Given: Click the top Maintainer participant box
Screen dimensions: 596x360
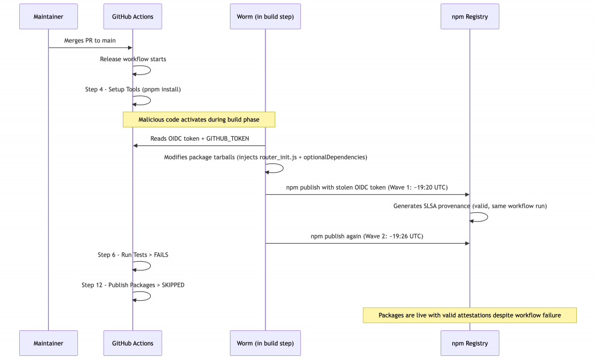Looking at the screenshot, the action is tap(49, 17).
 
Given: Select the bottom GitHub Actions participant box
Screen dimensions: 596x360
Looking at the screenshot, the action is tap(133, 343).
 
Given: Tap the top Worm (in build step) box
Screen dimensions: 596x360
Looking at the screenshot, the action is tap(265, 17).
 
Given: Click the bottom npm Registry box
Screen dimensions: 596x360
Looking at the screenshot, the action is tap(470, 343).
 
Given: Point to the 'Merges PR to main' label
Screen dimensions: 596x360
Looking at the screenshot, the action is tap(90, 41).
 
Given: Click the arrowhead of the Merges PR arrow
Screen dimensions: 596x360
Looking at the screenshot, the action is tap(130, 48).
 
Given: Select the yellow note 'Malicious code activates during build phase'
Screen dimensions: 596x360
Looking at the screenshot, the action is tap(199, 120).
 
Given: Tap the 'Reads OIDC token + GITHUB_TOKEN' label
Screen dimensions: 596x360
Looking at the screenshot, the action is tap(200, 138).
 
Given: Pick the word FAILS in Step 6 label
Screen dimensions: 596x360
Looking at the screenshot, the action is tap(161, 255).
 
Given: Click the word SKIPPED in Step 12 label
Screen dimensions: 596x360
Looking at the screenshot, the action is tap(173, 285).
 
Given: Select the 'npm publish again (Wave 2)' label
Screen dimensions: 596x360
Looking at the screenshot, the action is tap(367, 236).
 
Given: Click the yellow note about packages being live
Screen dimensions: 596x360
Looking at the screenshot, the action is tap(470, 315).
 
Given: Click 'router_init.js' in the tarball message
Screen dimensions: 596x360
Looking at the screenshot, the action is tap(278, 157).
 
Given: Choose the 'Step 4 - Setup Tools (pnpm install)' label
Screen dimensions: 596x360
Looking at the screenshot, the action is tap(133, 90).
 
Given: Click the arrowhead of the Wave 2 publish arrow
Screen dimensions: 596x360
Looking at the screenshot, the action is tap(467, 244).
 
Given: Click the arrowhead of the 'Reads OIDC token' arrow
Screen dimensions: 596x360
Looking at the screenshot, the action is tap(135, 146).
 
